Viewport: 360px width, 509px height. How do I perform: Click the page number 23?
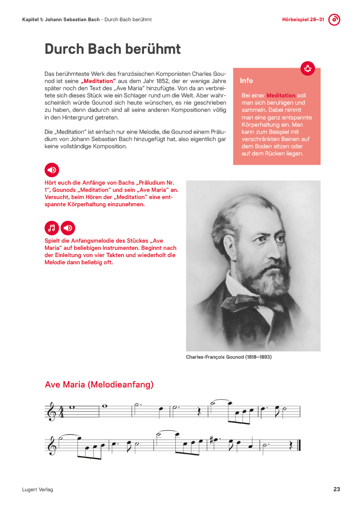337,489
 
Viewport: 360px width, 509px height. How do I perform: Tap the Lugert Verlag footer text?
37,490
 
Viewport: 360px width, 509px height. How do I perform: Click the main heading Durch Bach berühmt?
113,49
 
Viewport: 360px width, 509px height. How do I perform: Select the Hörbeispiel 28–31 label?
303,20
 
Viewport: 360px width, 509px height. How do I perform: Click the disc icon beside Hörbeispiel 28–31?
335,19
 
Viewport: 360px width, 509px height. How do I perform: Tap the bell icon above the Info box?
307,69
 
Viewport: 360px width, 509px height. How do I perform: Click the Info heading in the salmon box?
246,80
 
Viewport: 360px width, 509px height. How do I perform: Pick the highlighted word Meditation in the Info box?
281,96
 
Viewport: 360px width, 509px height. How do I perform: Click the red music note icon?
52,228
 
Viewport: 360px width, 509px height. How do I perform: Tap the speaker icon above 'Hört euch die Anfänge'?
52,170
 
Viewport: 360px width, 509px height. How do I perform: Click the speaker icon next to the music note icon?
68,228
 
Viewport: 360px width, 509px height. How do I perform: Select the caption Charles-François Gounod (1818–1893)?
229,357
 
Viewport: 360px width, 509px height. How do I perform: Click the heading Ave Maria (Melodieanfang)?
99,385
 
